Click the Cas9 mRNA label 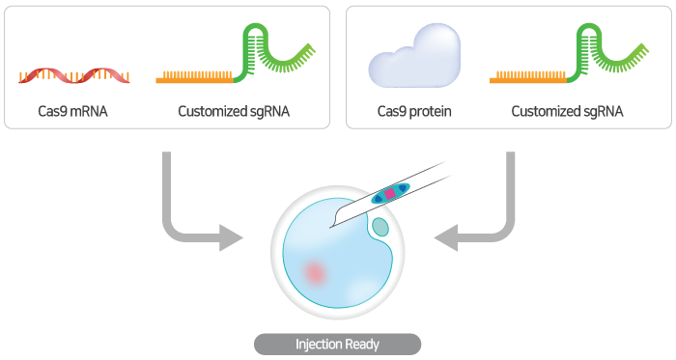72,111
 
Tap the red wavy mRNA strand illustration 72,74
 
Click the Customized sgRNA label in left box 234,111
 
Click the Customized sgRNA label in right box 567,111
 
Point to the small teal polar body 380,228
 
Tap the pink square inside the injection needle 390,193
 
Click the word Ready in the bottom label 362,344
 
